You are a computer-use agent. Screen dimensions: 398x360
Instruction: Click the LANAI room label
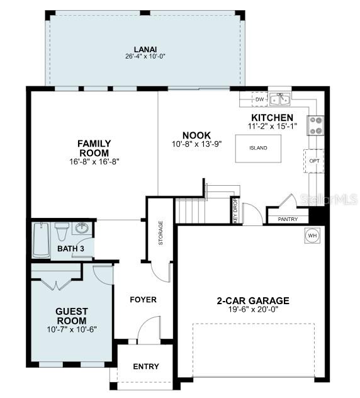pyautogui.click(x=144, y=49)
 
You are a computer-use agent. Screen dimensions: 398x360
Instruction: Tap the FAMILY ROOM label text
pyautogui.click(x=94, y=148)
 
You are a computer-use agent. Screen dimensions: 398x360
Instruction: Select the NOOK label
pyautogui.click(x=196, y=135)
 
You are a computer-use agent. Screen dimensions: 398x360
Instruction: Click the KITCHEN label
pyautogui.click(x=272, y=118)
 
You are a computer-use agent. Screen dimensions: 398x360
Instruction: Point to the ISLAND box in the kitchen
pyautogui.click(x=258, y=149)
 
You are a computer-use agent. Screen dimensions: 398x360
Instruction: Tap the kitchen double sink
pyautogui.click(x=280, y=99)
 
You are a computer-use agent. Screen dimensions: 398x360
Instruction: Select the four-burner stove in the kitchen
pyautogui.click(x=315, y=125)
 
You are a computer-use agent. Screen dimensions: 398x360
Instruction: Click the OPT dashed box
pyautogui.click(x=315, y=161)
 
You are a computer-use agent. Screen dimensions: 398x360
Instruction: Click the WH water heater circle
pyautogui.click(x=312, y=236)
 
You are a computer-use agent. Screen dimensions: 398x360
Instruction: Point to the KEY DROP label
pyautogui.click(x=235, y=210)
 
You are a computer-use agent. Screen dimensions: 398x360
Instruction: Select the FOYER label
pyautogui.click(x=143, y=299)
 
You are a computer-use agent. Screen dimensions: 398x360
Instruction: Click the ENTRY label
pyautogui.click(x=146, y=367)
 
